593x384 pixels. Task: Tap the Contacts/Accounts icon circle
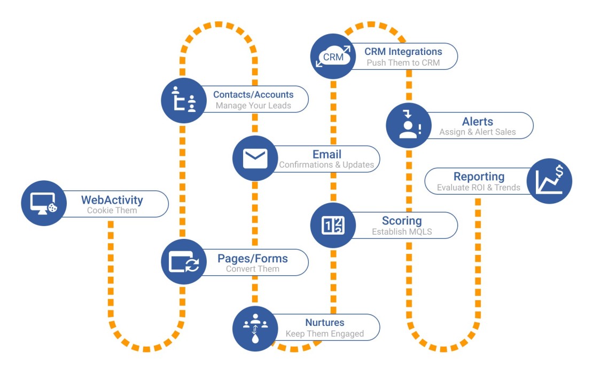[184, 100]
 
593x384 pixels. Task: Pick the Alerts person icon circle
[408, 126]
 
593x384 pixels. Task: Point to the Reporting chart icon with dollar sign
[549, 181]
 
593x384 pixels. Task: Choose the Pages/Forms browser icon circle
[184, 262]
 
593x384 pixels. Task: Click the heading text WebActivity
[112, 200]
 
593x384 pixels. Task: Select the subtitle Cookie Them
[112, 211]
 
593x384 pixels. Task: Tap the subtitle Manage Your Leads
[253, 106]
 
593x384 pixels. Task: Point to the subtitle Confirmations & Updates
[326, 165]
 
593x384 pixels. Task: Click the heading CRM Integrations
[403, 52]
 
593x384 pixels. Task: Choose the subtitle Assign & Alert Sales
[478, 132]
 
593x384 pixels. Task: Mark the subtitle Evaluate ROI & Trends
[478, 187]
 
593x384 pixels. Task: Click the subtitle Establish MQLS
[402, 232]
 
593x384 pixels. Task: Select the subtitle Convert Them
[253, 269]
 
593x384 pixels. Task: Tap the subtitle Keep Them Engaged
[325, 334]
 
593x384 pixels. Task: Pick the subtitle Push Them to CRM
[403, 62]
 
